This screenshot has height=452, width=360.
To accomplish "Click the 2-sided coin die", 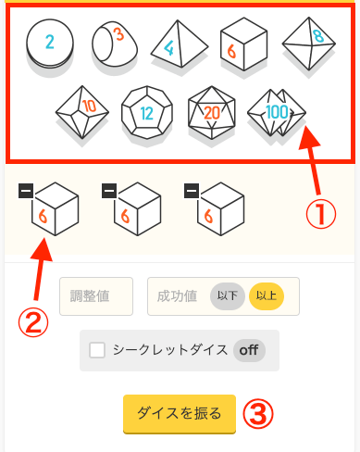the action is point(50,44).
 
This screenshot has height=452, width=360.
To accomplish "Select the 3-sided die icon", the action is point(115,44).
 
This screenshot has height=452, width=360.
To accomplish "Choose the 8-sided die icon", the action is point(309,44).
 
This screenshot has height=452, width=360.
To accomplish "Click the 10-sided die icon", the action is point(82,112).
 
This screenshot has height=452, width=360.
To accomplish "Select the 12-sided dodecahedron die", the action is point(147,112).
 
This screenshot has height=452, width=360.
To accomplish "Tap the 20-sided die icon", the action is point(212,112).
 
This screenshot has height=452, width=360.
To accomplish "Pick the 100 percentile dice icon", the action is point(277,112).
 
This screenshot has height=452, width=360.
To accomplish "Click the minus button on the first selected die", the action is point(26,191).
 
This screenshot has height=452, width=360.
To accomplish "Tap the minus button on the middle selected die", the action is point(109,191).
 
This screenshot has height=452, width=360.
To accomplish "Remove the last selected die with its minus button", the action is point(192,191).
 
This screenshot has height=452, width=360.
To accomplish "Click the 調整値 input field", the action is point(96,296).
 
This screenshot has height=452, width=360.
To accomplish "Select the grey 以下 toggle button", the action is point(228,296).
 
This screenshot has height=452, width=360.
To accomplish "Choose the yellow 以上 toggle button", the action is point(267,296).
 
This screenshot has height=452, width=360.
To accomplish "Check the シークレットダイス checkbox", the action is point(97,350).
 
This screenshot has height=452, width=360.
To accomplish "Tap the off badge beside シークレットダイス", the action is point(249,350).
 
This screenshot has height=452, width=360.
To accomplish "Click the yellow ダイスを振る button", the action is point(180,414).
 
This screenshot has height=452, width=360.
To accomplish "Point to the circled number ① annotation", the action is point(321,214).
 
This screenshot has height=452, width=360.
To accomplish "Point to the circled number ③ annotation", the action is point(258,414).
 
